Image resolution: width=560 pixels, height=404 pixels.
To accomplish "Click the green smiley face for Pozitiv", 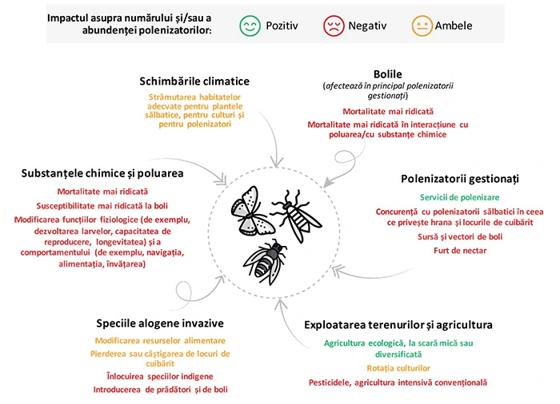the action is pos(250,26).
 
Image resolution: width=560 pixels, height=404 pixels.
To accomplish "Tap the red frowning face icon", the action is pos(334,26).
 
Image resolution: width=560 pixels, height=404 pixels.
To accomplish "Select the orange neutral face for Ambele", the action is pos(422,26).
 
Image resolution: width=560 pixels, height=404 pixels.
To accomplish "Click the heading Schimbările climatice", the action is pos(194,81).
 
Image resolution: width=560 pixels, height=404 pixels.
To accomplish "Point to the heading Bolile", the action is pos(387,74).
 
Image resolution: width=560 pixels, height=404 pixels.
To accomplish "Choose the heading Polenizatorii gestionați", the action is pos(460,179).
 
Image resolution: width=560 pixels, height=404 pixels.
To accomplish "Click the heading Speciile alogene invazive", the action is pos(160,323).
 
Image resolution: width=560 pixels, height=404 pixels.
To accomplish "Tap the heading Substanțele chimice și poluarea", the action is pos(102,173).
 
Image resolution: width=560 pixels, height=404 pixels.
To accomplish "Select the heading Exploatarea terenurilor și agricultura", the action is pos(398,325).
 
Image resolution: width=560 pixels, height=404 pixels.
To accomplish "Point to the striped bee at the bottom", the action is pos(265,262).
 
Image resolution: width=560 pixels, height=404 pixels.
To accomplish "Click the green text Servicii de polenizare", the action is pos(460,197).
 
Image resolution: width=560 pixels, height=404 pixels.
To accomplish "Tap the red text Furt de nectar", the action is pos(460,251).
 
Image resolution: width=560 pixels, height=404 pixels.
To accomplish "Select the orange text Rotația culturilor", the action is pos(398,368).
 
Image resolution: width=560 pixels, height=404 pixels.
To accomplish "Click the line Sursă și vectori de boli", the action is pos(460,237).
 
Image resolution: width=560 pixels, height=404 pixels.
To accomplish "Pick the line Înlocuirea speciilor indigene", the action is pos(160,377).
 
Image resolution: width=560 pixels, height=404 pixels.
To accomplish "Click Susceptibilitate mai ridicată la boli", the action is pos(102,206).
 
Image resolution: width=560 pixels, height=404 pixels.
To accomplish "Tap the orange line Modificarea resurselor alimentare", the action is pos(160,341).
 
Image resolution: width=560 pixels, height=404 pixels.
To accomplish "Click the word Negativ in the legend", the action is pos(367,26).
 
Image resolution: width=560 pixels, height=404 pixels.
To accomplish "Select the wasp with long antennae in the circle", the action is pos(297,216).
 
